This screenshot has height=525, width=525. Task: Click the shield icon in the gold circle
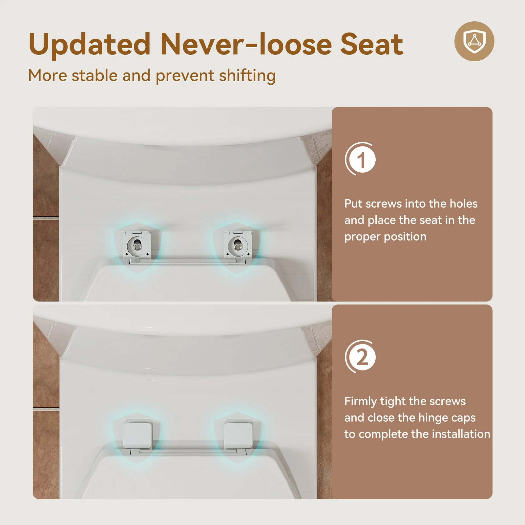(474, 41)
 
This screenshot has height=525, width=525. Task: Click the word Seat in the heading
(371, 44)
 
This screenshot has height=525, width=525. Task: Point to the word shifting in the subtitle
(247, 76)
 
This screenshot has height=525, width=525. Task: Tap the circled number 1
(361, 159)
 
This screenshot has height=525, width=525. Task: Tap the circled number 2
(361, 357)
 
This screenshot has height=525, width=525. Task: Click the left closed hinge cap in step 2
(138, 435)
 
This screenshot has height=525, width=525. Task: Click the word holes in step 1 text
(464, 204)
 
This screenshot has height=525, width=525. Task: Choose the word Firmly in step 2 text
(361, 402)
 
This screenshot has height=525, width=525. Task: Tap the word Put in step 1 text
(353, 204)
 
